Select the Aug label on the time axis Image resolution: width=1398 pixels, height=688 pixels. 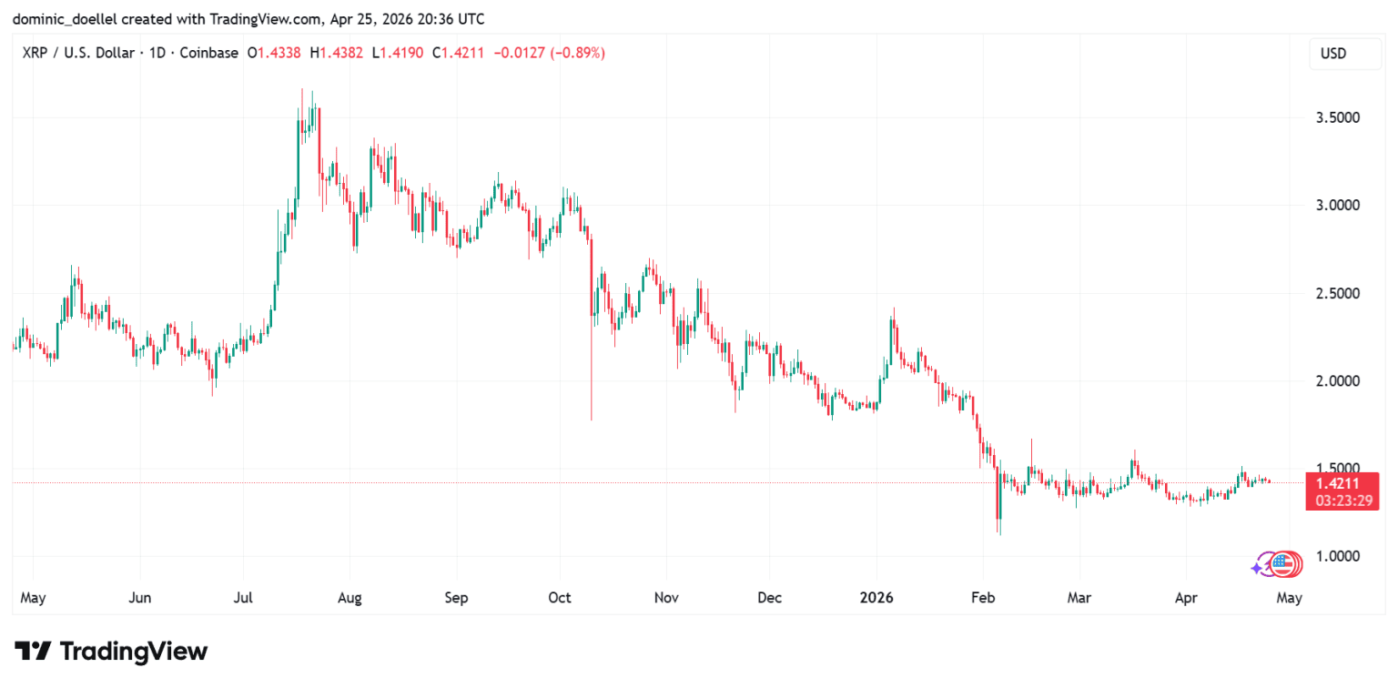click(349, 598)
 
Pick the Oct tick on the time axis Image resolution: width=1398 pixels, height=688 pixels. click(560, 598)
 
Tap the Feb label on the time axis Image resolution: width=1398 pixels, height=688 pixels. click(983, 598)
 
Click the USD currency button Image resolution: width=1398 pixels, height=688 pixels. click(1332, 54)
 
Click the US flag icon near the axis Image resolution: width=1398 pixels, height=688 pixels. click(1283, 565)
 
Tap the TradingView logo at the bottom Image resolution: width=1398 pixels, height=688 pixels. click(111, 652)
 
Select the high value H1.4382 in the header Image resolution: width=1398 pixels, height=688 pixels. click(337, 54)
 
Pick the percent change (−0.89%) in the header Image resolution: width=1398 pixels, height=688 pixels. click(575, 54)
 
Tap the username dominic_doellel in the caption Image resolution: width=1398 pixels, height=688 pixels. click(65, 18)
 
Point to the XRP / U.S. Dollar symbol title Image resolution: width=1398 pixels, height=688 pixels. click(79, 54)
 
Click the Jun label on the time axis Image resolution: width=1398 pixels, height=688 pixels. click(140, 598)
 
